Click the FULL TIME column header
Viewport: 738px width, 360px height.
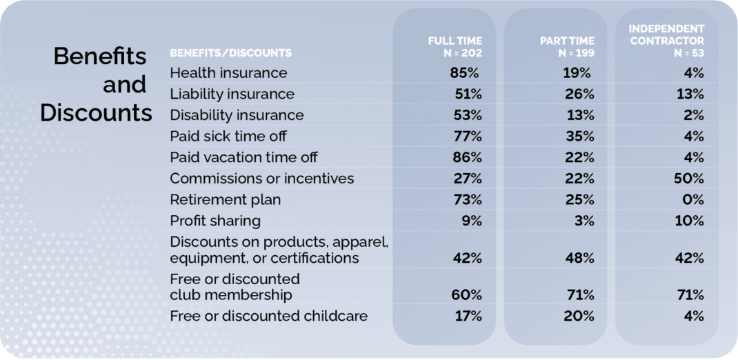[x=455, y=47]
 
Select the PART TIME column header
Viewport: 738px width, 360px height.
[x=567, y=47]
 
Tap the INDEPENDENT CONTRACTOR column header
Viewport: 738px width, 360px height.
[x=666, y=41]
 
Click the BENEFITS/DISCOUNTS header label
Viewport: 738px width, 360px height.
[x=230, y=53]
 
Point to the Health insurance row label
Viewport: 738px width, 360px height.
[x=228, y=72]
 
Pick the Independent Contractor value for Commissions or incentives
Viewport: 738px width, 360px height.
[x=689, y=179]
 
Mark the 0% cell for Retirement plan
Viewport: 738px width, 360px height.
[x=692, y=200]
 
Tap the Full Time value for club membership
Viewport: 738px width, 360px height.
[x=466, y=296]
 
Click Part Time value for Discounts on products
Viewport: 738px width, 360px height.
[x=579, y=258]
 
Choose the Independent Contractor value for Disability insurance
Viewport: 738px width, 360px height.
[x=692, y=114]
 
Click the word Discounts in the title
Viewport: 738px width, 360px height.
[x=96, y=112]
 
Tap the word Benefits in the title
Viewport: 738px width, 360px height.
[x=100, y=57]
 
